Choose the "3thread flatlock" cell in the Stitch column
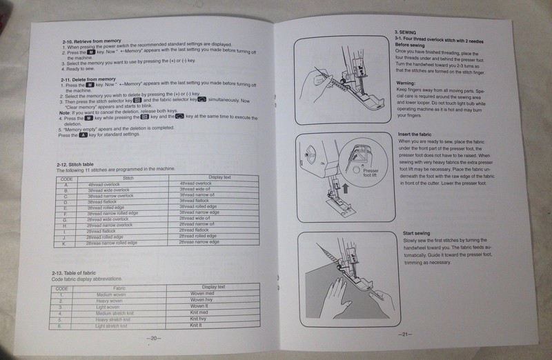tap(106, 201)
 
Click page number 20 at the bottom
tap(154, 338)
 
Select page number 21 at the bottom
tap(406, 335)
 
